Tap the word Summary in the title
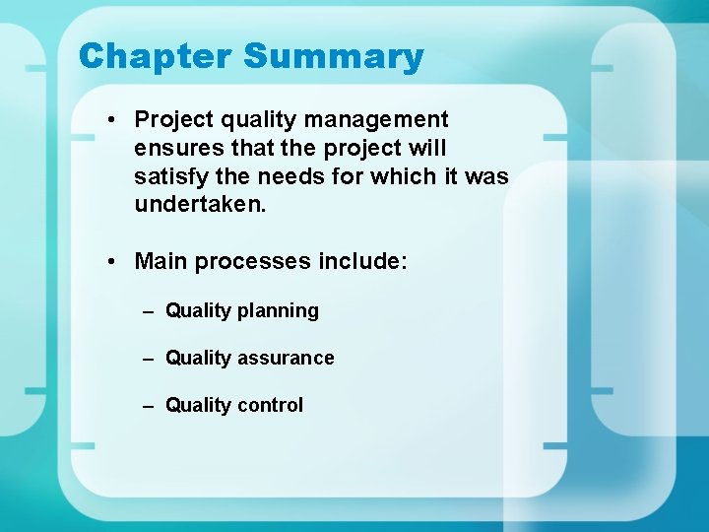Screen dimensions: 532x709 click(333, 56)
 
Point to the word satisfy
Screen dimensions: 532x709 click(169, 177)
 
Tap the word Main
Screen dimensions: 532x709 click(161, 262)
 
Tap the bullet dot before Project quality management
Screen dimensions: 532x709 click(115, 120)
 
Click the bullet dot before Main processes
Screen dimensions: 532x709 click(115, 262)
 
